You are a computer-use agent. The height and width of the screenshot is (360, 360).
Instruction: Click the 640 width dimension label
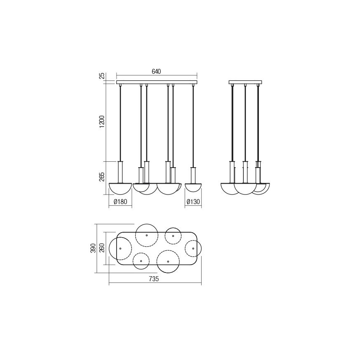pyautogui.click(x=156, y=72)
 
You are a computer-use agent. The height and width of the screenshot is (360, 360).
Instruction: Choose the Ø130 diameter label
pyautogui.click(x=193, y=202)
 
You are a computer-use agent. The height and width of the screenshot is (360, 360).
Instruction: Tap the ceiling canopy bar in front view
pyautogui.click(x=157, y=82)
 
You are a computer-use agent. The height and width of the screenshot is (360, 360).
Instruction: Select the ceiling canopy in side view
pyautogui.click(x=246, y=82)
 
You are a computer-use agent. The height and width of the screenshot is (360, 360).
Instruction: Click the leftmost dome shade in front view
pyautogui.click(x=120, y=188)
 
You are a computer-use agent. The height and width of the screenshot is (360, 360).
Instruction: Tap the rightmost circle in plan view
pyautogui.click(x=193, y=248)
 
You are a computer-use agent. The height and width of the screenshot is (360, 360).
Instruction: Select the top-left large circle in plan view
pyautogui.click(x=147, y=235)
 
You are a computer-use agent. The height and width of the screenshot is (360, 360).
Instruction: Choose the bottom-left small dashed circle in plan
pyautogui.click(x=141, y=261)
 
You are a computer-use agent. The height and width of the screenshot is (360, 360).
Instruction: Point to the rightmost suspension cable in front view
pyautogui.click(x=193, y=124)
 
